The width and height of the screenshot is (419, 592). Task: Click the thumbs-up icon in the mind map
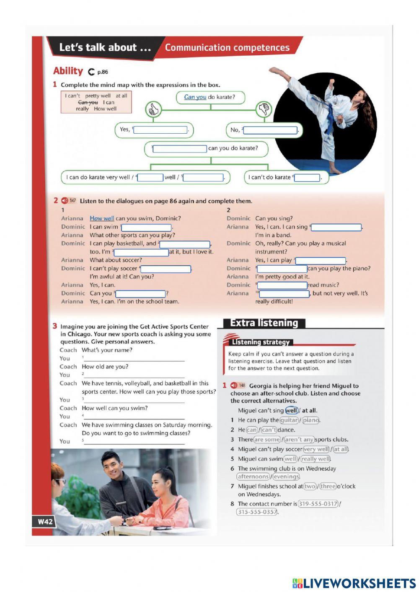153,110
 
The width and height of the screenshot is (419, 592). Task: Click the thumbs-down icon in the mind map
264,110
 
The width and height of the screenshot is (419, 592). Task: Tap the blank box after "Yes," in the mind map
160,130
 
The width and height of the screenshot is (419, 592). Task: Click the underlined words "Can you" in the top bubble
195,97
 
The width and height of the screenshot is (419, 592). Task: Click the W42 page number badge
45,522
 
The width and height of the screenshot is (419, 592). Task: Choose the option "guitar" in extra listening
289,420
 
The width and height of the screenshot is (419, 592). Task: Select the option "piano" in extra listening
310,420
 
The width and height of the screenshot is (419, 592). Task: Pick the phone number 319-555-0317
318,504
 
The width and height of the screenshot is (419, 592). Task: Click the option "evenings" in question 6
286,476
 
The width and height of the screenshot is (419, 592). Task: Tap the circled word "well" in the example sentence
291,410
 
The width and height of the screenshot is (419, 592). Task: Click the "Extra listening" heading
264,323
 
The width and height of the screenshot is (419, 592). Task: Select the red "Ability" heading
68,71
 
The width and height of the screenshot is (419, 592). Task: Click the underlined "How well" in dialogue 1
102,218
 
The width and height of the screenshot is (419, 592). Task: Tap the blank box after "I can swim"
146,227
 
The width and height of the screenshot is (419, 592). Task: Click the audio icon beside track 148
233,385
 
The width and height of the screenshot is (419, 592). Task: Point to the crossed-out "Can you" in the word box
88,102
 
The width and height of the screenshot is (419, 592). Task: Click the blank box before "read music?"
283,285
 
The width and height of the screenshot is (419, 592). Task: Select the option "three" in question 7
328,486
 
